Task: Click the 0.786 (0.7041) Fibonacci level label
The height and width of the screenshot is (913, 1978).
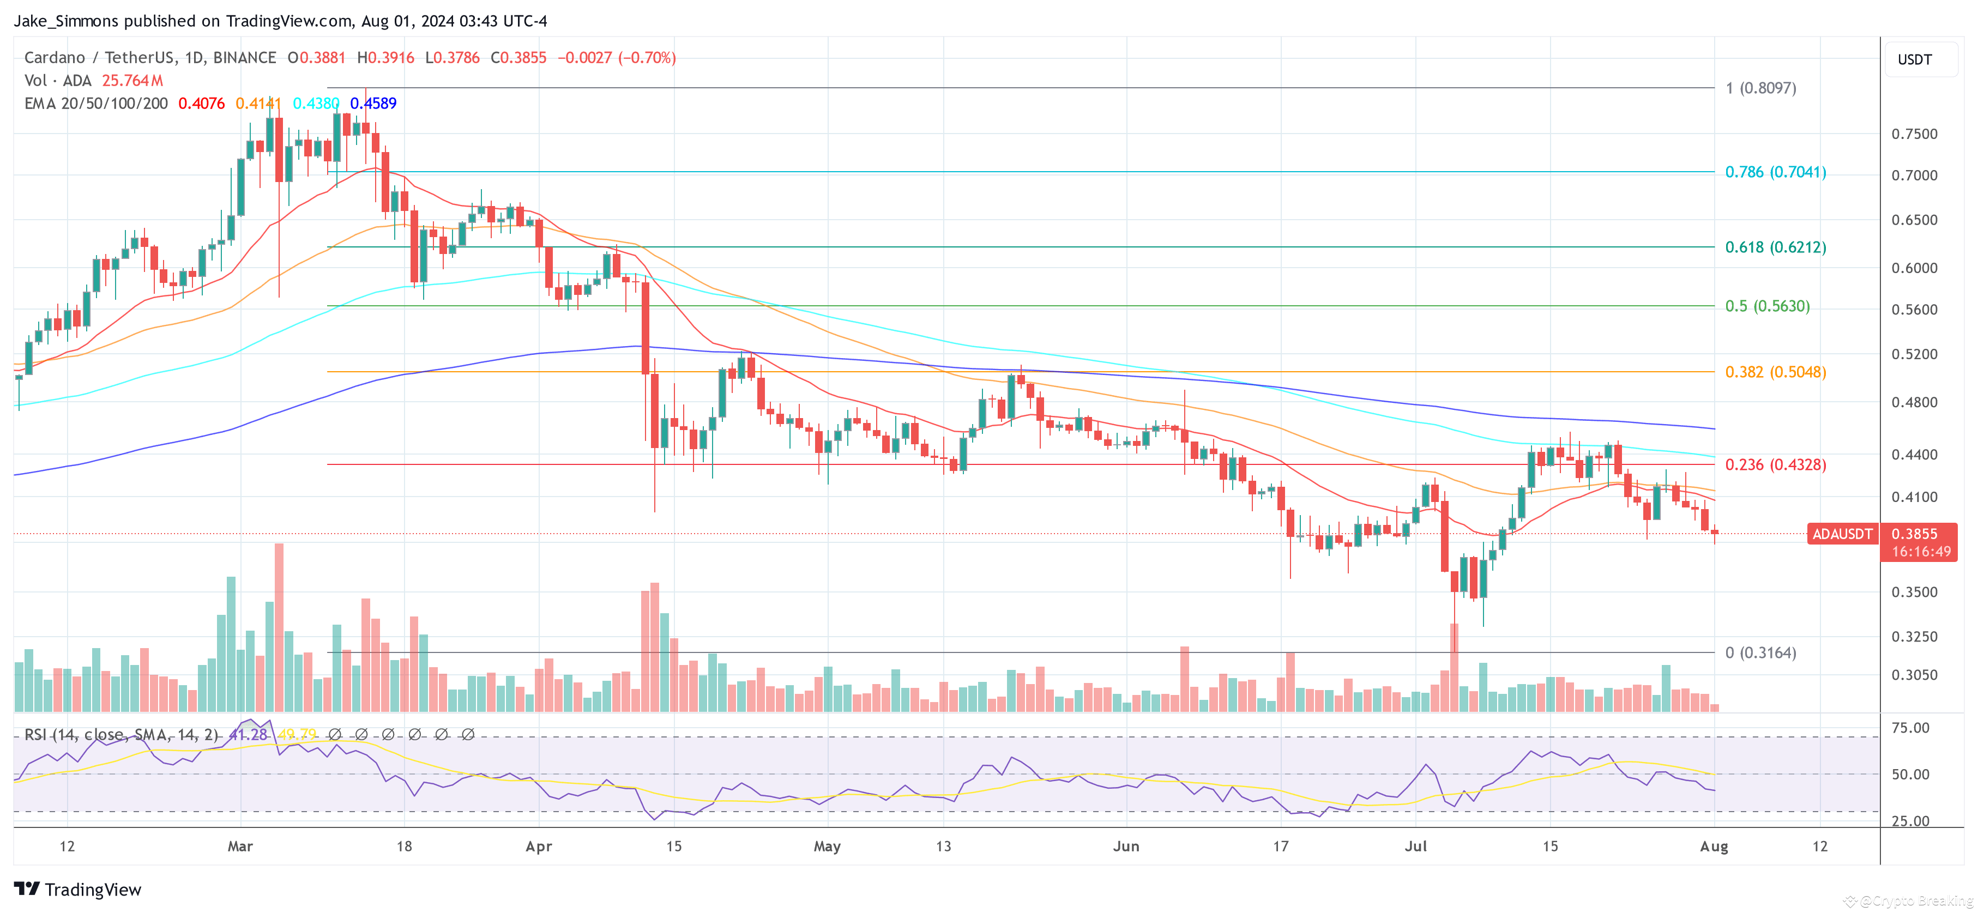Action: pos(1775,172)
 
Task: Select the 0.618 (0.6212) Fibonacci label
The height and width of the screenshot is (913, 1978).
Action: pos(1775,247)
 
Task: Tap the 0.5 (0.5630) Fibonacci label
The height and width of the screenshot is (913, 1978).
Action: pos(1767,306)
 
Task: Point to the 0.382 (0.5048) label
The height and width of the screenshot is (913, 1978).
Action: pos(1775,372)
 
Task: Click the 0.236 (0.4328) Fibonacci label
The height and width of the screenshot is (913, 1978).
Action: pos(1775,464)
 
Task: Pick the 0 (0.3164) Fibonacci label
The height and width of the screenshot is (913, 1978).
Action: pos(1760,652)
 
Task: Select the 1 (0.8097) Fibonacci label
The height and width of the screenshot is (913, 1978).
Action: pos(1760,88)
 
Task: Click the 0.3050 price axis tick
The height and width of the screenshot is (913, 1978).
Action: pos(1914,675)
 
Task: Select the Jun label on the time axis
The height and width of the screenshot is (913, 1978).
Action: pos(1126,846)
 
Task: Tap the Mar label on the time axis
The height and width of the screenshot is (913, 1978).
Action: pos(240,846)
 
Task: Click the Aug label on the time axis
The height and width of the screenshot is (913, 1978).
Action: pos(1714,846)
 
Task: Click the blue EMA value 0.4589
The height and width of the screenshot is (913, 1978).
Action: pos(373,104)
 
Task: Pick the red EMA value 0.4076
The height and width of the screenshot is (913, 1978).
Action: pos(201,104)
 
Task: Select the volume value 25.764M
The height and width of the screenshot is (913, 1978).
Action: pos(132,81)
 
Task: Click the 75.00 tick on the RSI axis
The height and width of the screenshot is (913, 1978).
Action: pos(1910,728)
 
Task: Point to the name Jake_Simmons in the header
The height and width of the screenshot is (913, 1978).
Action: pos(66,21)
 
